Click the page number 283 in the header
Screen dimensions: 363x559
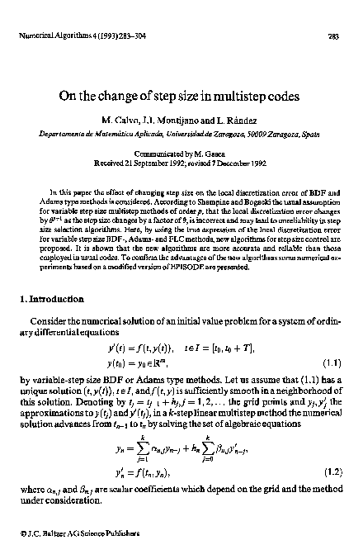(334, 36)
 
